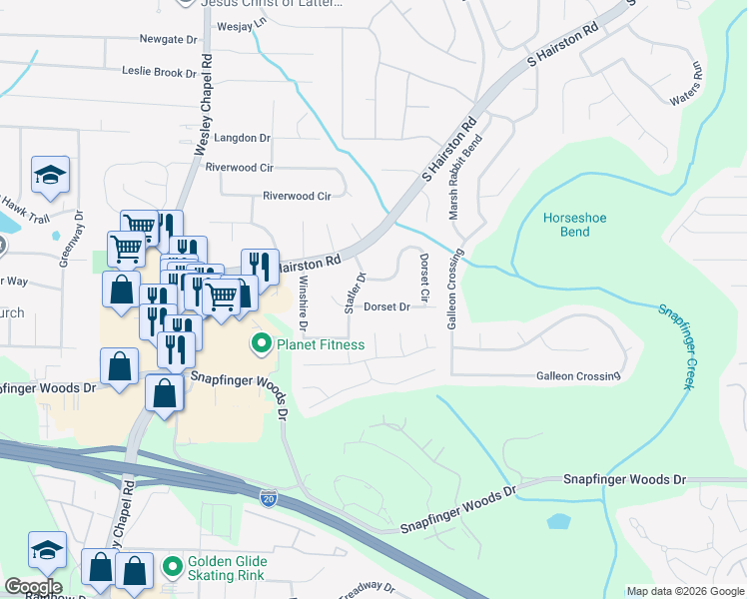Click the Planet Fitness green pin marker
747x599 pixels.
point(263,345)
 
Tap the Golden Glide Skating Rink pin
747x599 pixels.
point(173,566)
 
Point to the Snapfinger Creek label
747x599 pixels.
point(674,345)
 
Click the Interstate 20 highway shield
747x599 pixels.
point(269,497)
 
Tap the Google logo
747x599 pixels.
point(33,586)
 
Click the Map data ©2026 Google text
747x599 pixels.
point(685,591)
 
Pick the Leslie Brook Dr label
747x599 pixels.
point(159,72)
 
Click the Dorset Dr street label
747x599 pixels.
point(386,307)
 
